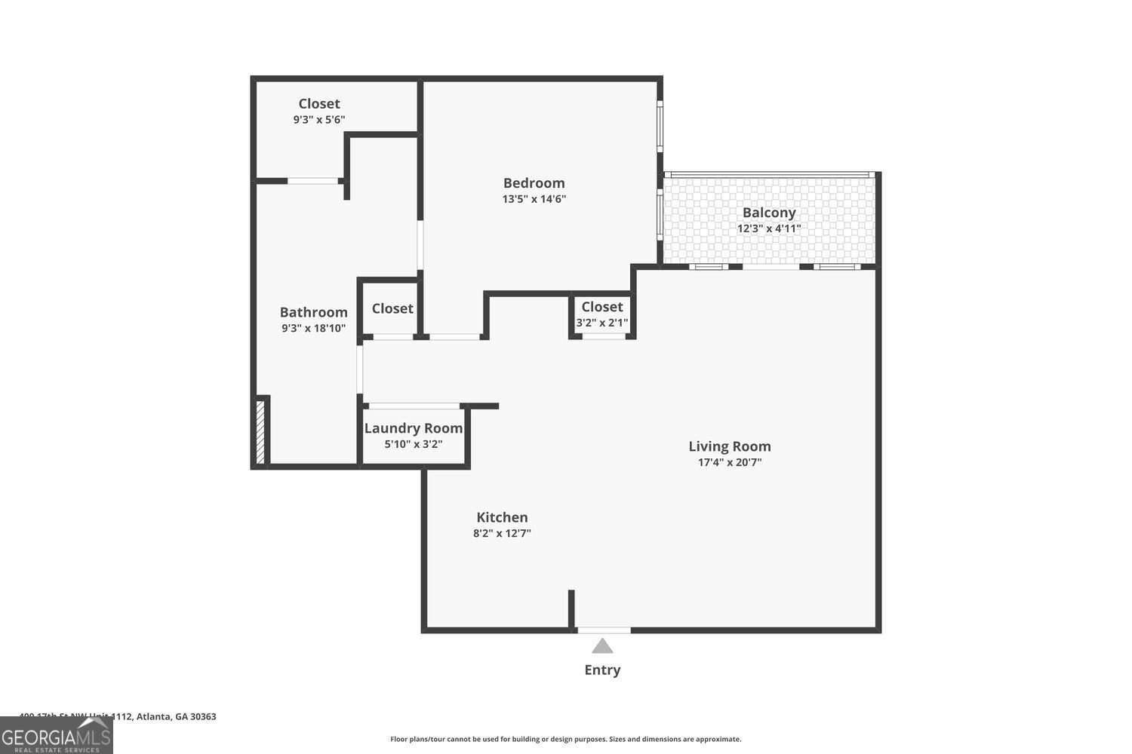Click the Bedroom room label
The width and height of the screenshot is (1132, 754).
(534, 183)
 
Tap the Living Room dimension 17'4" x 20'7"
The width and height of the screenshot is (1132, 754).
(729, 462)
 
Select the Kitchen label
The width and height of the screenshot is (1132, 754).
(502, 517)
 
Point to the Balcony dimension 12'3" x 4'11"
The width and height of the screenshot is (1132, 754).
(768, 228)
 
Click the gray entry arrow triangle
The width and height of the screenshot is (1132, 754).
(602, 646)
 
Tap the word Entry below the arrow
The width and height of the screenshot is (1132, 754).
(602, 670)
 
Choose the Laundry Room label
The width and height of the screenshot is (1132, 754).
(413, 428)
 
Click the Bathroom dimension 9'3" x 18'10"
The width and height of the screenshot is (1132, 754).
(313, 328)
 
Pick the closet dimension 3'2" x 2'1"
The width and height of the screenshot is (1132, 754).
(601, 323)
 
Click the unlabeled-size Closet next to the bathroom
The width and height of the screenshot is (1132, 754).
(392, 308)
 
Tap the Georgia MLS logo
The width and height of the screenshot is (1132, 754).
(56, 735)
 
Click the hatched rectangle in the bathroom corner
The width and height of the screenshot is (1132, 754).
(260, 431)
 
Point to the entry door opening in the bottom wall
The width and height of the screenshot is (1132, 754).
(604, 630)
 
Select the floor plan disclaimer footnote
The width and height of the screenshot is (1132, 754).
(565, 739)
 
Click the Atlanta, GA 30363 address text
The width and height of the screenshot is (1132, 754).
(175, 716)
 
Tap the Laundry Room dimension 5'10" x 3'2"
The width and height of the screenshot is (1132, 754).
(413, 444)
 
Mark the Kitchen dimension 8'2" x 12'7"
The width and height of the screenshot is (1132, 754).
(502, 533)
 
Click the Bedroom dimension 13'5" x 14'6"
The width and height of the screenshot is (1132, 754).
(534, 199)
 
